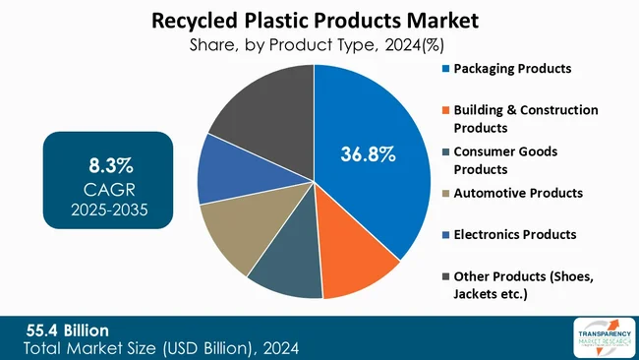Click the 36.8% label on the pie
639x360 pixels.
[x=368, y=154]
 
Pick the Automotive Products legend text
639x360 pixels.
[x=518, y=193]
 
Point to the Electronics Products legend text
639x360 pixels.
[x=514, y=234]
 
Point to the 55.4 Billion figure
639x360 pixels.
[x=68, y=329]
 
